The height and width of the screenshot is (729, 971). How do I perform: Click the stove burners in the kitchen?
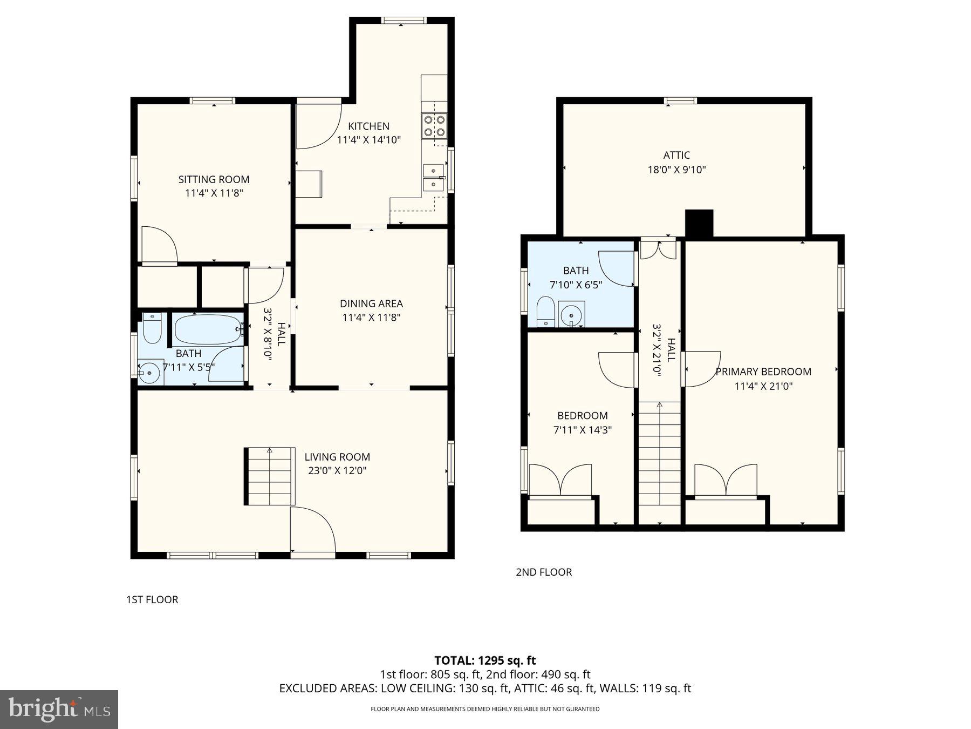[x=434, y=125]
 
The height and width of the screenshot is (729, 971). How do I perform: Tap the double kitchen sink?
[x=434, y=178]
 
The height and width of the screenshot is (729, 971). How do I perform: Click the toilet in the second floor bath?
[x=546, y=311]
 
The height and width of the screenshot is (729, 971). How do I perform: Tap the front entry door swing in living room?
[x=311, y=530]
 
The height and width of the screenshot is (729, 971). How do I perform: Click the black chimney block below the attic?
[x=699, y=222]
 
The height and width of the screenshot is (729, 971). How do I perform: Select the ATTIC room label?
[x=676, y=155]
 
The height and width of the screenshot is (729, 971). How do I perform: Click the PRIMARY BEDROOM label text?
[x=763, y=372]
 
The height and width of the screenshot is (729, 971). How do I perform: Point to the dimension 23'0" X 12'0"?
[x=337, y=470]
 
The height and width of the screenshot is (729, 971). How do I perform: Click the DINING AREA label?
[x=371, y=303]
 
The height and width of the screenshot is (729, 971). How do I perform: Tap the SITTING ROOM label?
[x=214, y=179]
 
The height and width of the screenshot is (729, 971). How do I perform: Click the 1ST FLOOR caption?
[x=152, y=599]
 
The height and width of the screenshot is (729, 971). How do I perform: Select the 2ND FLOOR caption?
[x=544, y=572]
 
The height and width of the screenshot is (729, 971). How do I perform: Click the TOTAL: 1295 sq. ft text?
[x=485, y=660]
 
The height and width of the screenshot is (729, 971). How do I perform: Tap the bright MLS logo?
[x=59, y=709]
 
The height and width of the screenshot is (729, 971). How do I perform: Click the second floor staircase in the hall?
[x=659, y=462]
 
